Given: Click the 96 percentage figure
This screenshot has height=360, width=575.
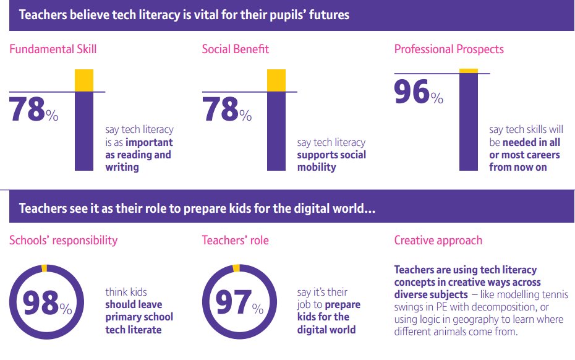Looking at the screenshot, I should [x=412, y=92].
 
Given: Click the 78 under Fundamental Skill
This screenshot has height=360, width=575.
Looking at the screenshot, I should [x=27, y=109].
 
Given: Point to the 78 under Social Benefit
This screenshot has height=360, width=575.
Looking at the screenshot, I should [x=220, y=109].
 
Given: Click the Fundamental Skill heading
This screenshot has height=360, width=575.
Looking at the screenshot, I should [x=53, y=49].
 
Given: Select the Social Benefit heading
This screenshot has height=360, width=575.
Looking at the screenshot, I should [x=236, y=49].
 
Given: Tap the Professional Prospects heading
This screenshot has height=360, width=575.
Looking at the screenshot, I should [x=449, y=49].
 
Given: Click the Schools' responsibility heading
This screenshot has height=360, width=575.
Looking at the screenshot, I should [x=63, y=240].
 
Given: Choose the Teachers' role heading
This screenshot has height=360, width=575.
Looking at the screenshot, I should [x=236, y=240].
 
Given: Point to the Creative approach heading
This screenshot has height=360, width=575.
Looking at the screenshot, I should [x=438, y=240].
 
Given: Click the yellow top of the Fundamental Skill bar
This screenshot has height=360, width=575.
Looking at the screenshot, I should [x=84, y=80].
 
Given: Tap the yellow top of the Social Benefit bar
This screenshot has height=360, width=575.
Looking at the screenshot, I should [x=276, y=80].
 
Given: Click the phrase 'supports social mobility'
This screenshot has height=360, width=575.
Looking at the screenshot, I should [x=331, y=161].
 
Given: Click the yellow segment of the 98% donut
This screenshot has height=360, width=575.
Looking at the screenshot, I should [x=44, y=268].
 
